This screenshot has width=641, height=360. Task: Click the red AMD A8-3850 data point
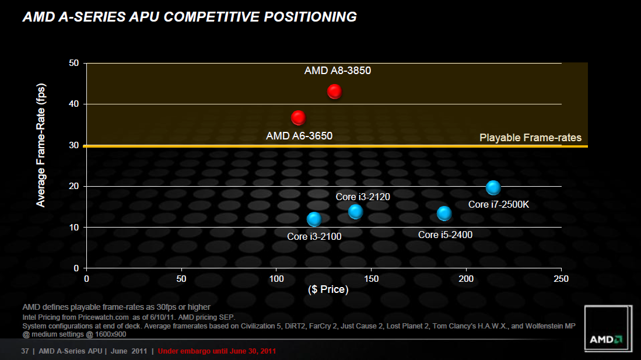coord(334,91)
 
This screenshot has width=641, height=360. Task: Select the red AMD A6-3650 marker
coord(298,118)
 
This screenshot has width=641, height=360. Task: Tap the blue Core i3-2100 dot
coord(314,219)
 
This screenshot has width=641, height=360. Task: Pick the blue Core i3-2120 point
coord(355,212)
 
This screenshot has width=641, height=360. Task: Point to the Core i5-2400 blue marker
coord(444,214)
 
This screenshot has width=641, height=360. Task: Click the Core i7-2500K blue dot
coord(493,187)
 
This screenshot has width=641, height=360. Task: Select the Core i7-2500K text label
coord(499,204)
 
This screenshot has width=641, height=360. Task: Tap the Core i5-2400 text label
coord(445,235)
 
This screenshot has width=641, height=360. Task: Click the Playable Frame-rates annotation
coord(530,138)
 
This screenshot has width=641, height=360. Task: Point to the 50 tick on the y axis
coord(73,63)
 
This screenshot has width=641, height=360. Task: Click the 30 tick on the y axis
coord(73,145)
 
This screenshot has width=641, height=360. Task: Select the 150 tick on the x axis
coord(372,279)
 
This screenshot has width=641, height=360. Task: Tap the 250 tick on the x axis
coord(561,279)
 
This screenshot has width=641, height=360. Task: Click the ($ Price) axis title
coord(328,289)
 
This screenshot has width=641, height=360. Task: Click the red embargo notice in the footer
coord(217,351)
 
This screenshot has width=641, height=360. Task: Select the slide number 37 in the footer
coord(25,351)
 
